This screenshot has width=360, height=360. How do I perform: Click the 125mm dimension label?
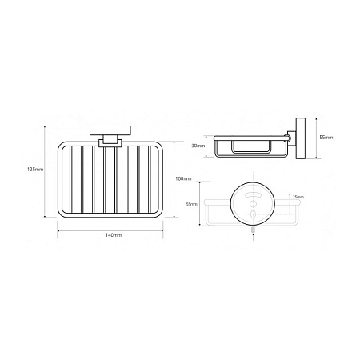[35, 169]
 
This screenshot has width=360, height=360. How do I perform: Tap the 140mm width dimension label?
[114, 235]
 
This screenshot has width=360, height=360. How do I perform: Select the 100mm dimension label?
[183, 178]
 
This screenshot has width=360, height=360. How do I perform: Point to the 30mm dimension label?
[198, 146]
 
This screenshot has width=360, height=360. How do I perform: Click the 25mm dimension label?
[298, 197]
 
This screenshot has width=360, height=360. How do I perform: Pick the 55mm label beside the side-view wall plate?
[326, 138]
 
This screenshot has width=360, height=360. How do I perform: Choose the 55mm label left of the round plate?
[192, 204]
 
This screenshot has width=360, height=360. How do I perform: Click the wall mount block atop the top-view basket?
[110, 130]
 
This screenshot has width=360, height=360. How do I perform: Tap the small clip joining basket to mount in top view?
[110, 143]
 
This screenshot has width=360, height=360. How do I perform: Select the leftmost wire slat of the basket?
[71, 179]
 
